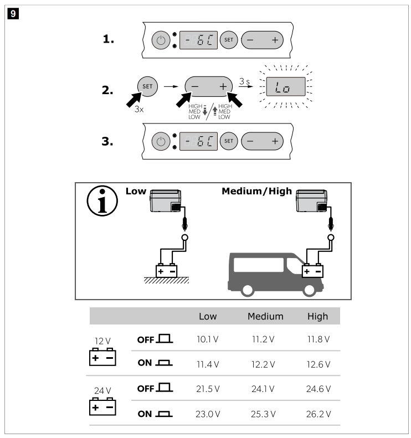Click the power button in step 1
click(161, 40)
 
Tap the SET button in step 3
click(228, 141)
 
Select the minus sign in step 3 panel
click(250, 141)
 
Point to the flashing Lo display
click(285, 87)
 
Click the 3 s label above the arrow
click(244, 81)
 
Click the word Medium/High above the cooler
click(256, 191)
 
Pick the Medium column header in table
click(265, 317)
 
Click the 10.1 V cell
click(208, 339)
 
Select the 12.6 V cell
click(317, 364)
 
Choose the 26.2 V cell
click(317, 414)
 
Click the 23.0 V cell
click(208, 414)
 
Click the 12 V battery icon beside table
click(103, 357)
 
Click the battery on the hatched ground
click(166, 271)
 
